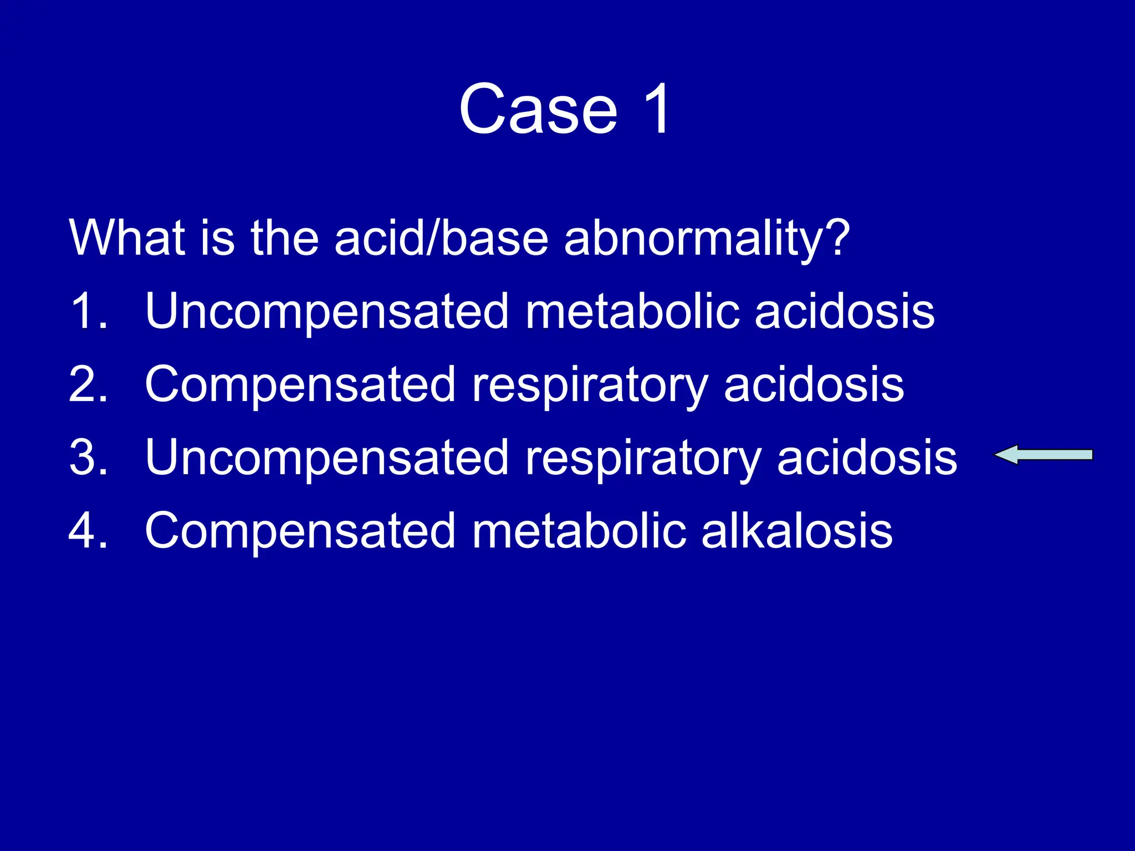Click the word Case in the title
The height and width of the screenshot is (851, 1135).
coord(538,109)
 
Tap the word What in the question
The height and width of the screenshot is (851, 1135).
coord(126,238)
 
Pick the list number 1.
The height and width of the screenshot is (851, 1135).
coord(88,311)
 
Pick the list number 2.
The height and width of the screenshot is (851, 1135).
coord(88,385)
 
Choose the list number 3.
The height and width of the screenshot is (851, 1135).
coord(88,458)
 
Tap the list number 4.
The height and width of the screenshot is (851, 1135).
coord(88,531)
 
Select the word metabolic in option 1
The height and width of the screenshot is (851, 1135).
coord(632,311)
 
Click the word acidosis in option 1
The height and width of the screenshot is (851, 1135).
coord(845,311)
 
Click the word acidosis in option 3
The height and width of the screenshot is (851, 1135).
coord(867,458)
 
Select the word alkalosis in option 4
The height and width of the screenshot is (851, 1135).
coord(797,531)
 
